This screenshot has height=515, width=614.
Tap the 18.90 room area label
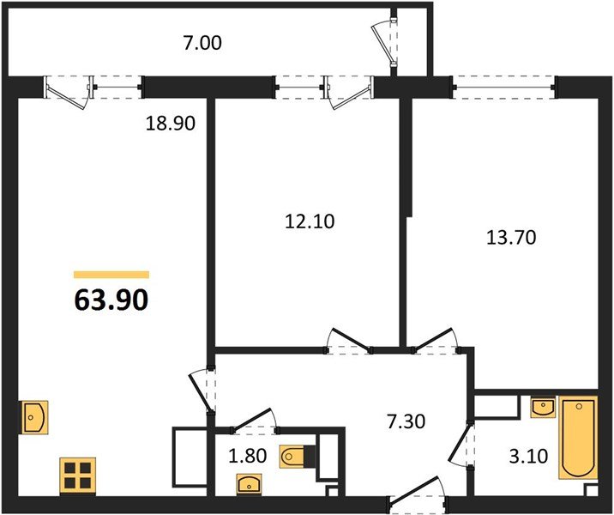(x=172, y=124)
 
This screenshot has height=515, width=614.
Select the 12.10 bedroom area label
(x=310, y=221)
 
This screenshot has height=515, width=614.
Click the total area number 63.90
(x=111, y=300)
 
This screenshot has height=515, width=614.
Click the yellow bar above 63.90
(x=111, y=275)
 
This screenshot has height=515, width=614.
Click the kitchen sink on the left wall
(x=33, y=418)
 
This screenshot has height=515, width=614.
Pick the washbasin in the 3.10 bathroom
(x=542, y=407)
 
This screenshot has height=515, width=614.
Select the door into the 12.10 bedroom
(x=352, y=340)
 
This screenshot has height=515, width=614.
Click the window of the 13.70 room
(x=503, y=85)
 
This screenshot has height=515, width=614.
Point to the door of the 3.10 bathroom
(x=466, y=446)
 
